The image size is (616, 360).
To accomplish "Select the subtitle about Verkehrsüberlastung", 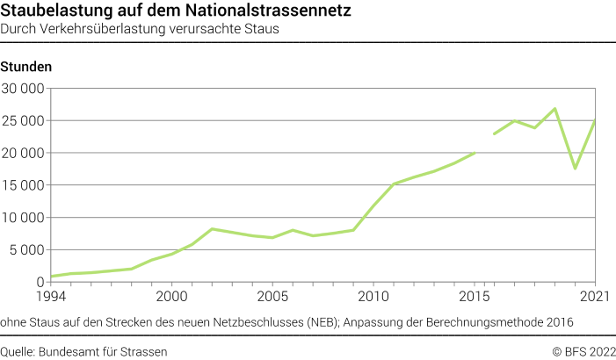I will point(140,29).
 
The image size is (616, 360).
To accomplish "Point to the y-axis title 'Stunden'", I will point(26,67).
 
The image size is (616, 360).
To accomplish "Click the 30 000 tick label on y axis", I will point(23,89).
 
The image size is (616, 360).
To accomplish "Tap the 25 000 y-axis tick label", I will point(23,121).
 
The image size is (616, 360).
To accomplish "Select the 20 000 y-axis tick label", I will point(23,153).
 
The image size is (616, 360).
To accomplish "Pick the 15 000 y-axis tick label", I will point(23,185).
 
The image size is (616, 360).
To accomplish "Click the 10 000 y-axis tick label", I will point(23,218).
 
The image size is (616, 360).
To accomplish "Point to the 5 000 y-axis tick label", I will point(26,249).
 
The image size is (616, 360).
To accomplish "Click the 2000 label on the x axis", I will point(171,296).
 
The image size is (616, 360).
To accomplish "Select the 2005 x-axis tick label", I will point(272,296).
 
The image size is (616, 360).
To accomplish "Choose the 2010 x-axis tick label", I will point(373,296).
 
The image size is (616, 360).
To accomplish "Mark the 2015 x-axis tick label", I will point(475,296).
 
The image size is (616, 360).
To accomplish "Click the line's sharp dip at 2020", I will point(576,168).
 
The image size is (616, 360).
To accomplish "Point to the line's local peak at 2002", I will point(212,228).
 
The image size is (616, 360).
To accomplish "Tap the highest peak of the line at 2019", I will point(555,109).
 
